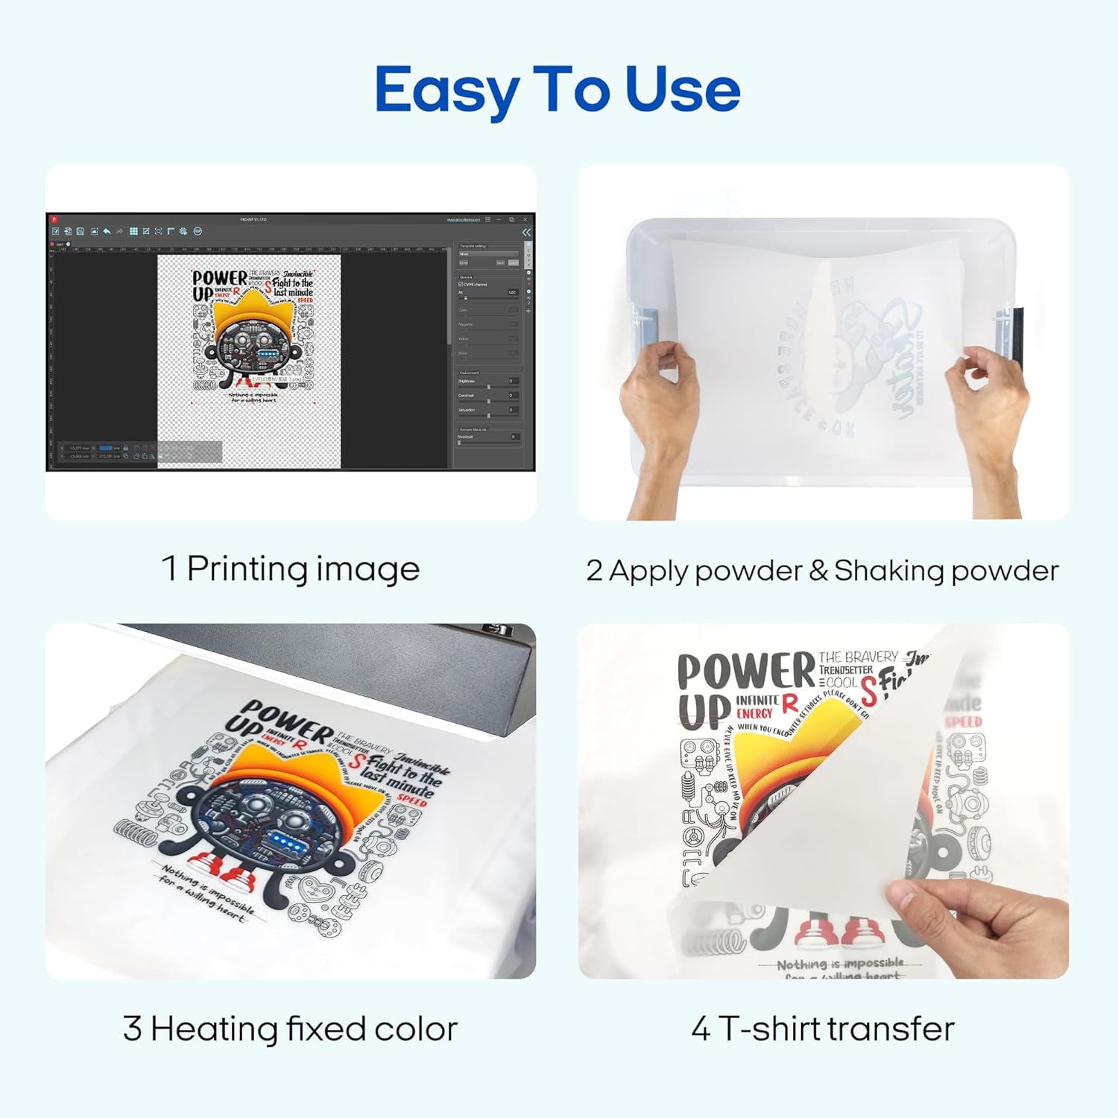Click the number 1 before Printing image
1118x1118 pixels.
tap(169, 569)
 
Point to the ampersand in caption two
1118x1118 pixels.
tap(818, 570)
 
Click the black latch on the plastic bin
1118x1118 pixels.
tap(1017, 335)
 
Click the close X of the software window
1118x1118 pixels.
tap(525, 220)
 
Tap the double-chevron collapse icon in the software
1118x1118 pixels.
tap(526, 233)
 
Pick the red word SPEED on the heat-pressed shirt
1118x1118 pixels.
tap(411, 799)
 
